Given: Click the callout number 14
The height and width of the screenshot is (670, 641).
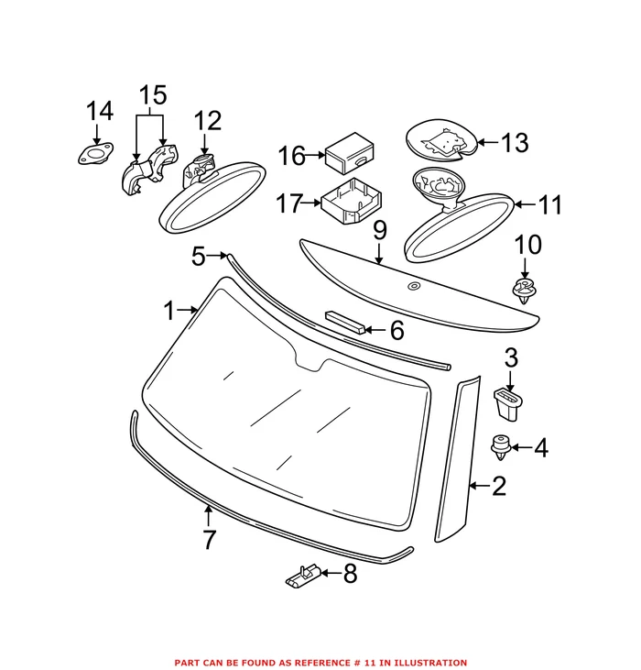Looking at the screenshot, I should pos(100,112).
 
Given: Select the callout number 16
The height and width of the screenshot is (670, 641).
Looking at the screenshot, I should pos(292,157).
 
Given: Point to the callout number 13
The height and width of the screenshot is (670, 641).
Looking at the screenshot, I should pos(515,143).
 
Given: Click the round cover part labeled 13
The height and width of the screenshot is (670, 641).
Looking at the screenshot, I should pos(440,141).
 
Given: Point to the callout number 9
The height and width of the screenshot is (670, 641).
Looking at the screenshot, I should pos(380,230).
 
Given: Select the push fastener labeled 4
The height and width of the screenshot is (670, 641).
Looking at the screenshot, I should pos(502,447).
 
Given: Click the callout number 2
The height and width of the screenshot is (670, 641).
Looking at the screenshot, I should pos(498,486).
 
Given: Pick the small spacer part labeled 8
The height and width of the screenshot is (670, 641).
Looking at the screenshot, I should pos(302,577).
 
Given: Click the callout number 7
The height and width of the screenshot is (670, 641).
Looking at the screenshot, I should pos(210,540).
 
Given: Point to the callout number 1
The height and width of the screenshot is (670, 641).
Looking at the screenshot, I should pos(168,312).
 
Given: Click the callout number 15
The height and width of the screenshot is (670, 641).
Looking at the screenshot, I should pos(153,95).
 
